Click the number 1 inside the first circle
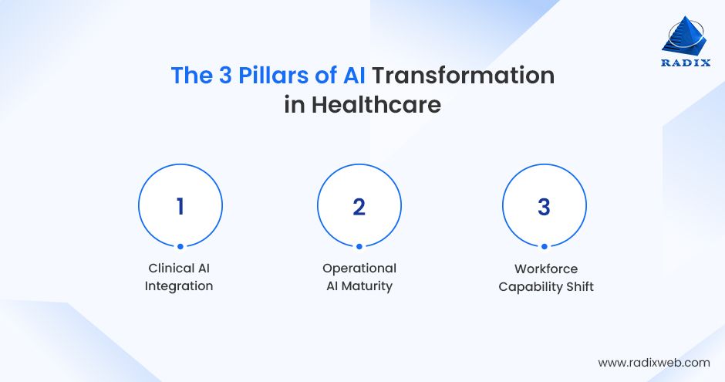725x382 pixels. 180,207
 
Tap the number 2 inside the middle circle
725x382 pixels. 359,207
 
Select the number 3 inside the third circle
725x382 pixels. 544,207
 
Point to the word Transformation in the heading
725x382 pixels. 464,76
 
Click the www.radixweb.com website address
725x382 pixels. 653,362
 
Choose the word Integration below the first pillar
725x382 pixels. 179,286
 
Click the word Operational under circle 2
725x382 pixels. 359,269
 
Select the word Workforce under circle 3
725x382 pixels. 545,269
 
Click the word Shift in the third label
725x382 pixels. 578,287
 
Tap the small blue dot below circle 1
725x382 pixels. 180,247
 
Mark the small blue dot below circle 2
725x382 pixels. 359,247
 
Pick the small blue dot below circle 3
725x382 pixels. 544,247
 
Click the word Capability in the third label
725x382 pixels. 530,287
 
